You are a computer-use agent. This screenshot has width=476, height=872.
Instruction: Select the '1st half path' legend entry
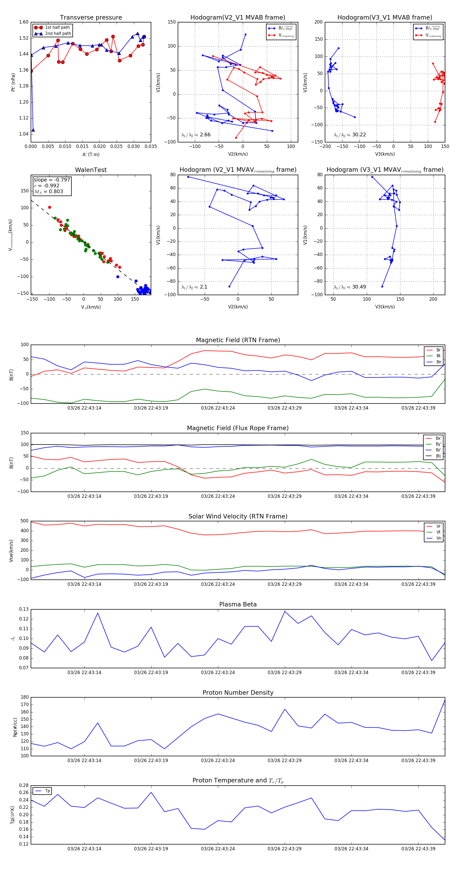point(57,27)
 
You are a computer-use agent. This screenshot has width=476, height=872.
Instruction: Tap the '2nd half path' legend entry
point(58,34)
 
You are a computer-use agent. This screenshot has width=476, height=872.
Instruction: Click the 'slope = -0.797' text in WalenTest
point(52,180)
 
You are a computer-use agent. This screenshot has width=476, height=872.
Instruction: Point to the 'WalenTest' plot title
point(91,170)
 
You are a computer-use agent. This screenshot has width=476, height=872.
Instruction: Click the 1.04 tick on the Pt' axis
point(24,134)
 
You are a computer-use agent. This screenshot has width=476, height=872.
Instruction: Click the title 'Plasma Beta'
point(238,605)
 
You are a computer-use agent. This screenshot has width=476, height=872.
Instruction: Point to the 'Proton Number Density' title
point(238,693)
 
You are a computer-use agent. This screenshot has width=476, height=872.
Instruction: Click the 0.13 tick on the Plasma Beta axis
point(24,609)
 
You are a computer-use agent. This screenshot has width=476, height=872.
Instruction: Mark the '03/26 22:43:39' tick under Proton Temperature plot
point(418,849)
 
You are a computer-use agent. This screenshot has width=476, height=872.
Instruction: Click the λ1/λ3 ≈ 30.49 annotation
point(350,287)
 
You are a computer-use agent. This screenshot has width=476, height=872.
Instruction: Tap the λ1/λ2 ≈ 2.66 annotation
point(196,135)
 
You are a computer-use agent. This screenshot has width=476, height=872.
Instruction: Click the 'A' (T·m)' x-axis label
point(91,155)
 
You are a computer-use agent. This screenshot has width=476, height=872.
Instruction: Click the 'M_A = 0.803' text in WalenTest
point(48,192)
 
